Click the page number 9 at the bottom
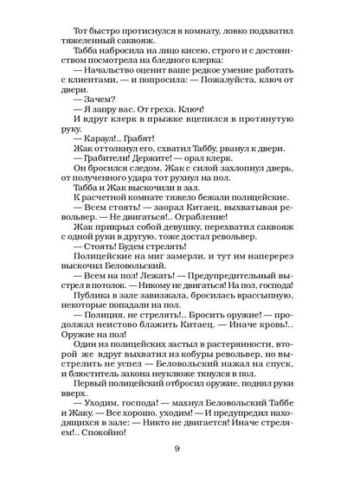pos(179,447)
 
